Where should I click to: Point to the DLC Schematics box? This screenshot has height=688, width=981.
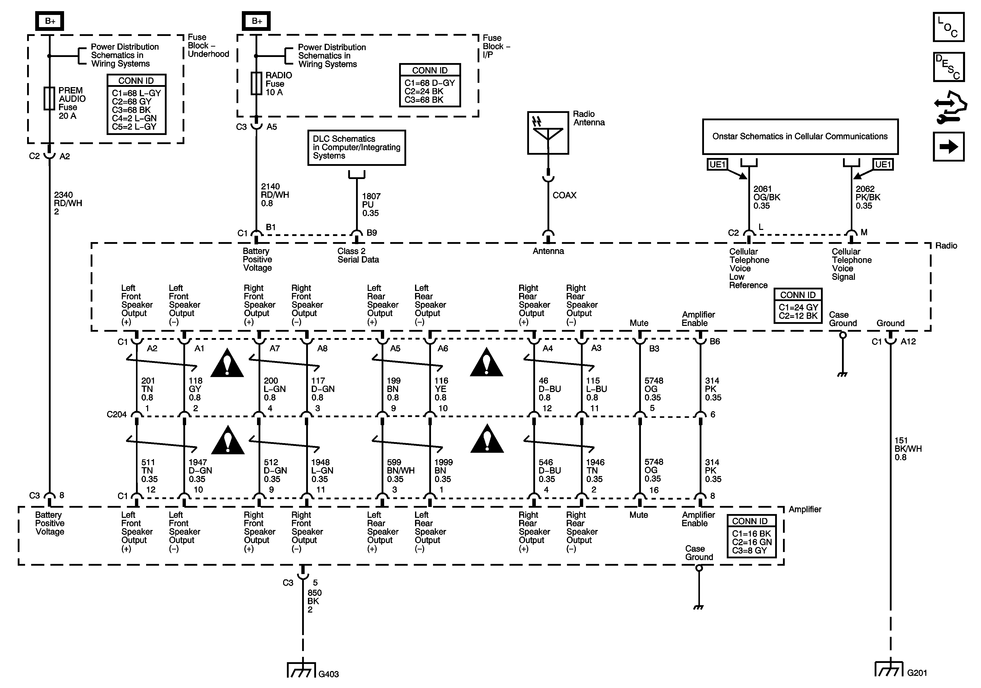pyautogui.click(x=356, y=147)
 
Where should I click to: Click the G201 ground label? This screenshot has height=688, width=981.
pyautogui.click(x=917, y=673)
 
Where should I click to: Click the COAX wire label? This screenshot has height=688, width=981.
pyautogui.click(x=564, y=195)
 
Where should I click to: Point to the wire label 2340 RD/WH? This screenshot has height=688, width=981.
pyautogui.click(x=68, y=203)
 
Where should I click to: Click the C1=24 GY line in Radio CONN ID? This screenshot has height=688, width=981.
pyautogui.click(x=798, y=307)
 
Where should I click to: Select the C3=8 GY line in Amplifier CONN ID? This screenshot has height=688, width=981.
pyautogui.click(x=749, y=551)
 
